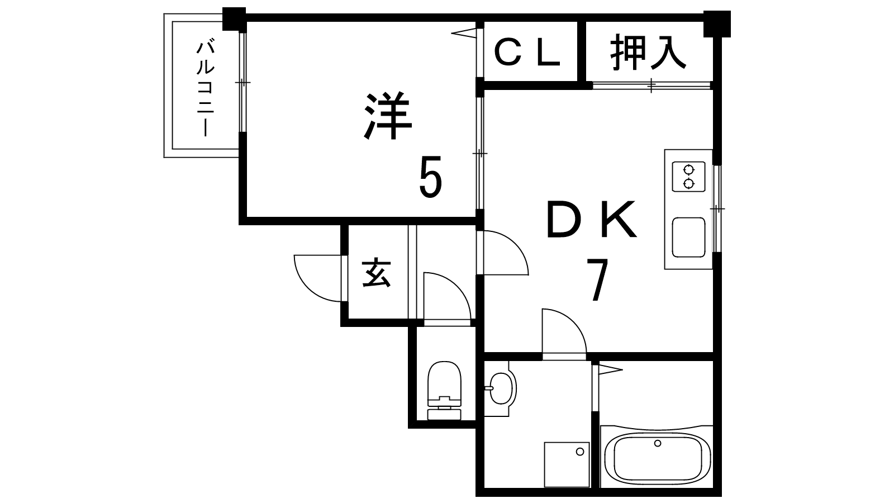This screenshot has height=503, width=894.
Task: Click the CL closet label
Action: point(528,54)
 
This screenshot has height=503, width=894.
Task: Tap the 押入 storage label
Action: point(648,53)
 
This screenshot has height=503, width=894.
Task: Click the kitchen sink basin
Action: point(689,237)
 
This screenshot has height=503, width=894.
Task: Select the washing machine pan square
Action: point(567,463)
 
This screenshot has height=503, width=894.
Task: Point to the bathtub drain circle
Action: point(658,444)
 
